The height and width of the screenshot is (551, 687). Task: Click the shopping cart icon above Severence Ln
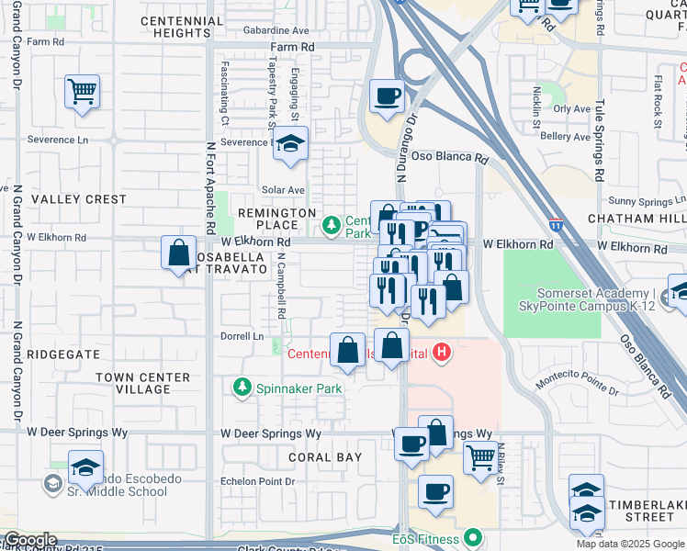coord(83,91)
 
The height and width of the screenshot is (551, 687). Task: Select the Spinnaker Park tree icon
coord(243,388)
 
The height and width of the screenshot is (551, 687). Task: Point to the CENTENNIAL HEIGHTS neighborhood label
coord(182,27)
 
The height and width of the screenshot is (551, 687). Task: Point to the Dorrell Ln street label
coord(242,336)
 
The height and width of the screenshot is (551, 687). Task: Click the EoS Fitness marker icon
coord(473,536)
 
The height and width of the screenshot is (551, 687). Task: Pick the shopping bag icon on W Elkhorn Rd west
coord(178,253)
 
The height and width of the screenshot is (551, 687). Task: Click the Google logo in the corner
coord(29,540)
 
